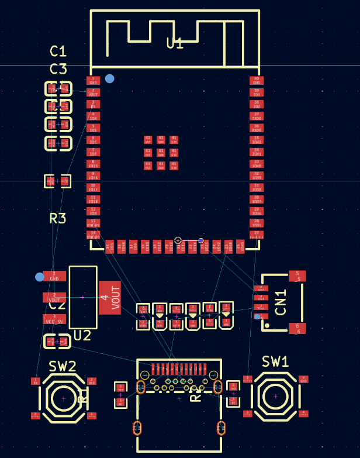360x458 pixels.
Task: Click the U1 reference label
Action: (175, 43)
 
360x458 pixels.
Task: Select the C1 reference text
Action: (58, 51)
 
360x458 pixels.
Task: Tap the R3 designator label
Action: (57, 219)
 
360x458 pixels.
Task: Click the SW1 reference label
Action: (275, 361)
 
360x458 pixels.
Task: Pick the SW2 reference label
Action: (63, 366)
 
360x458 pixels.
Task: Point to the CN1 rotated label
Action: (281, 302)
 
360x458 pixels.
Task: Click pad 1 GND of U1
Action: (93, 81)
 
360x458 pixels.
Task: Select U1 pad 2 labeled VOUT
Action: (93, 92)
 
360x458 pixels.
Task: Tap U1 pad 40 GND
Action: (256, 81)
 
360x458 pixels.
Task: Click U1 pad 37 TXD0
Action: (256, 116)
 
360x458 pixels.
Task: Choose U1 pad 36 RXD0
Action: (256, 128)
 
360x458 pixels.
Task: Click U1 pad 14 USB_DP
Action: (93, 235)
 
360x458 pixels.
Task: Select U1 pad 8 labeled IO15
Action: (93, 164)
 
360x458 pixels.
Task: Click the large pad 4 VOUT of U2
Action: (110, 298)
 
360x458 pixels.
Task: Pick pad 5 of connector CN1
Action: (297, 276)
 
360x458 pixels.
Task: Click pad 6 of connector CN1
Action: (297, 328)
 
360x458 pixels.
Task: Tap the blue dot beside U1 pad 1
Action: (110, 78)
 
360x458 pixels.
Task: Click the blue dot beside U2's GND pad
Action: (40, 277)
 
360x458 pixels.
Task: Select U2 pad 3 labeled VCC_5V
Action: (54, 319)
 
